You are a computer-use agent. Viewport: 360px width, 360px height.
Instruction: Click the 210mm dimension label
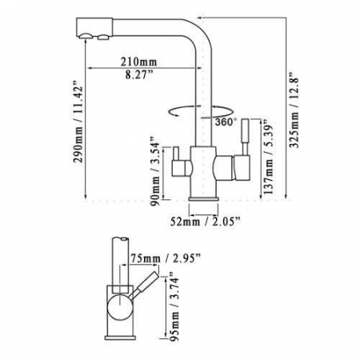pos(139,62)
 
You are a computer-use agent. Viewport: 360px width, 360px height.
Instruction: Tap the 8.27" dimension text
pos(139,74)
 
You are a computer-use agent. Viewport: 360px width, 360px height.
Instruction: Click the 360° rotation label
pos(226,122)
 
